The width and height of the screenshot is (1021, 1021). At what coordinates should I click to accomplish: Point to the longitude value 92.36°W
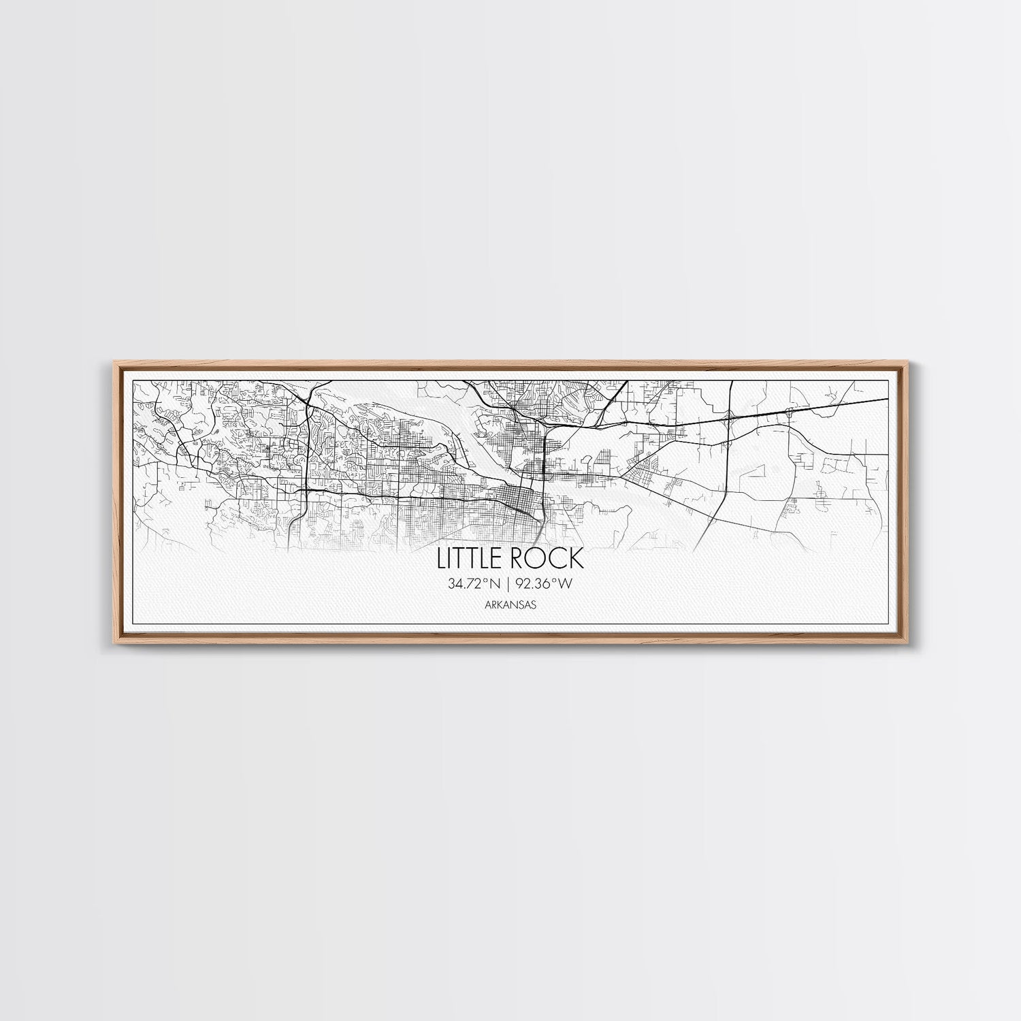pyautogui.click(x=548, y=583)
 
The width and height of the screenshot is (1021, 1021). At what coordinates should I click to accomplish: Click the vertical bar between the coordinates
pyautogui.click(x=508, y=583)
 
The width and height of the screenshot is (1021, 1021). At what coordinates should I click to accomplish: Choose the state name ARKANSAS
pyautogui.click(x=510, y=604)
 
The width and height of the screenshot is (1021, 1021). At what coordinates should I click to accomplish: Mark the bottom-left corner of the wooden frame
pyautogui.click(x=110, y=642)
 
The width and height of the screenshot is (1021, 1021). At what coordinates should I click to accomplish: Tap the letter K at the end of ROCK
pyautogui.click(x=577, y=559)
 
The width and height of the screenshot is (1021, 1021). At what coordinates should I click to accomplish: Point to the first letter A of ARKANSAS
pyautogui.click(x=489, y=604)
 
